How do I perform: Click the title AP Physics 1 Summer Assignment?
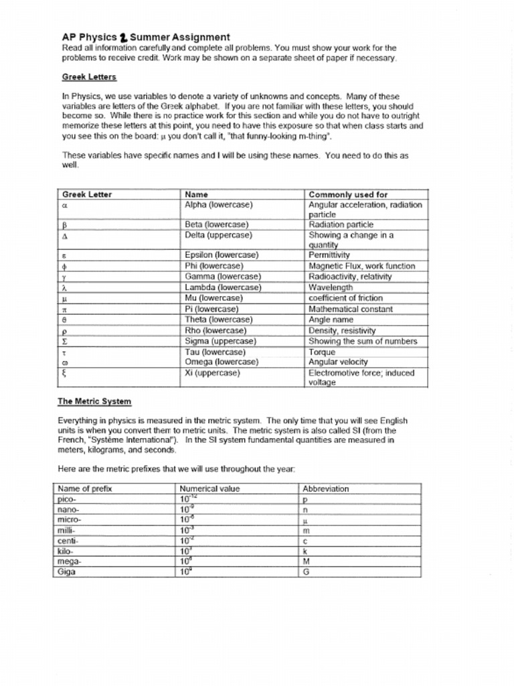point(145,38)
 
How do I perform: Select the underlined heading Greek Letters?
point(89,77)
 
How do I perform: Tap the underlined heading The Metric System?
point(94,401)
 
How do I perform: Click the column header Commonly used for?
point(347,194)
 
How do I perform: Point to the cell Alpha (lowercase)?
point(218,204)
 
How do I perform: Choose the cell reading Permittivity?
point(329,255)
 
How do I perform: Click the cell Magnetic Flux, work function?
point(361,266)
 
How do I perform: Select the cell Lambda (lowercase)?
point(223,287)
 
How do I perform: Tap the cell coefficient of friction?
point(345,298)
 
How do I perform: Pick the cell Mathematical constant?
point(350,309)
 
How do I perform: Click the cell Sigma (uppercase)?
point(220,341)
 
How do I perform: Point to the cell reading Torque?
point(321,352)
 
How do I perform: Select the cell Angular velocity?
point(338,362)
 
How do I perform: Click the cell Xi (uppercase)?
point(212,373)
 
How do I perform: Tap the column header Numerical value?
point(209,489)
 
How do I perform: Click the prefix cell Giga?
point(68,572)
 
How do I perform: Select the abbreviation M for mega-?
point(306,561)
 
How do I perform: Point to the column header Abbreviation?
point(325,489)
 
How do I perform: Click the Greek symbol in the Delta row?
point(65,236)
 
